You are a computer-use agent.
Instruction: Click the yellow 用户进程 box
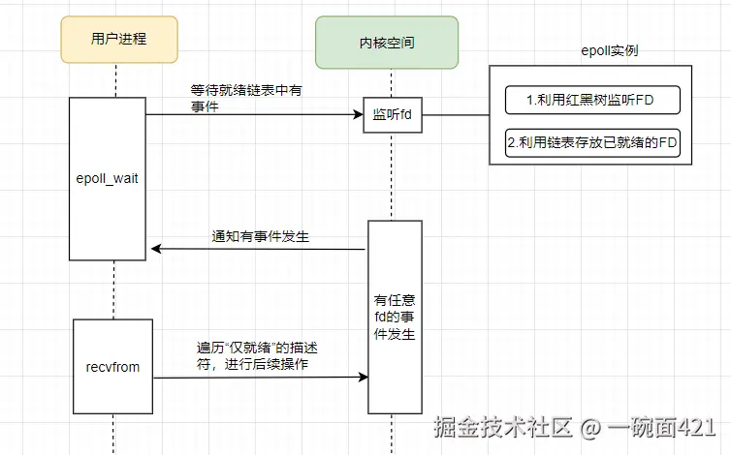(x=113, y=40)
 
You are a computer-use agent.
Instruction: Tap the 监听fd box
(x=393, y=114)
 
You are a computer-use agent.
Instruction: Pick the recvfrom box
(x=112, y=367)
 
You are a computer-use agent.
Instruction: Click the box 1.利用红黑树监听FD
(x=592, y=100)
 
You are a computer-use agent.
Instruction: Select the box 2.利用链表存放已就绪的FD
(x=592, y=142)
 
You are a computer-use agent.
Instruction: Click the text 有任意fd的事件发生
(x=394, y=317)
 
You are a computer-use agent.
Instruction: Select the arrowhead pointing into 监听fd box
(x=358, y=114)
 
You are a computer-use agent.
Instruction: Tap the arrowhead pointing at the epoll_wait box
(x=157, y=250)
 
